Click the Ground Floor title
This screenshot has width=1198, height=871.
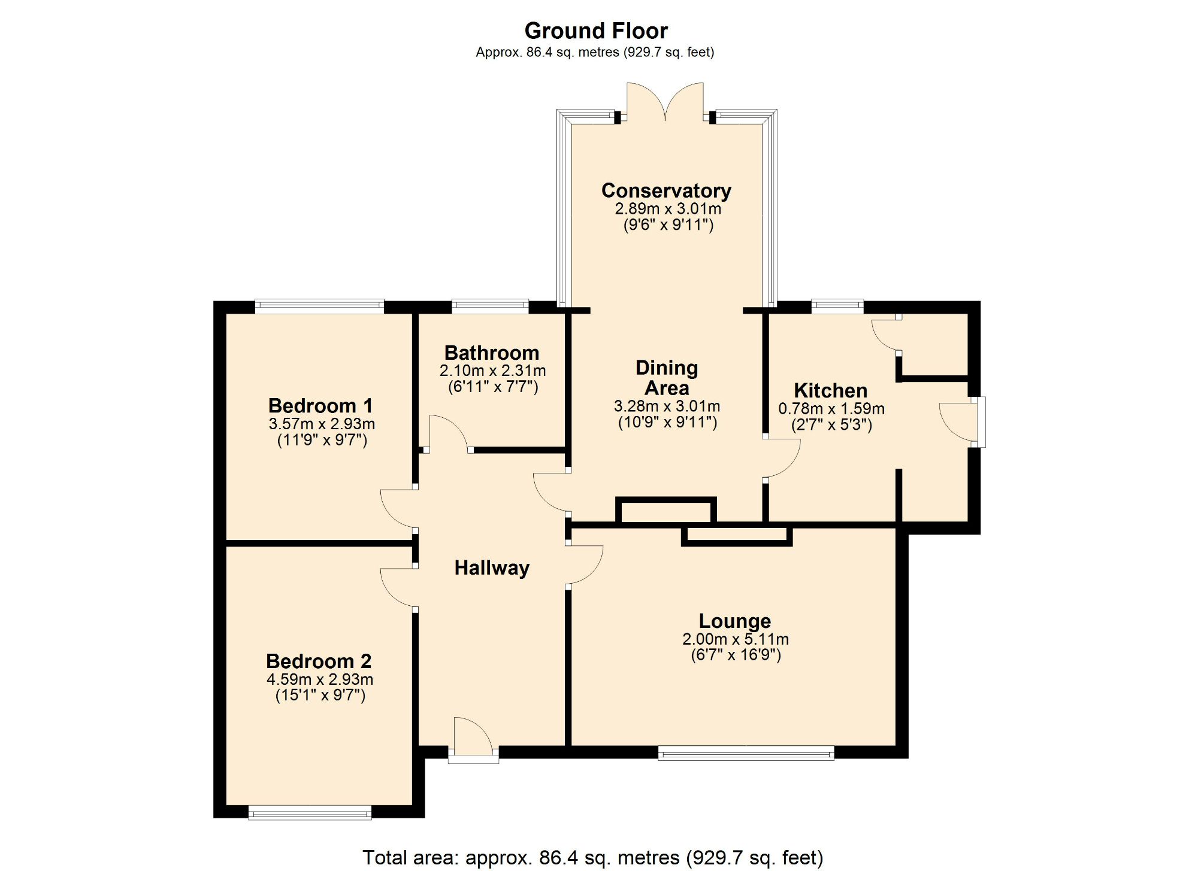click(595, 31)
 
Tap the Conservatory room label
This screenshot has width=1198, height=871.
click(666, 190)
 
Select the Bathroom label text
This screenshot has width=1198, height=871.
click(491, 353)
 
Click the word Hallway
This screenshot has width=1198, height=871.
click(492, 567)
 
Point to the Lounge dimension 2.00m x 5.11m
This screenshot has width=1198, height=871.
click(735, 639)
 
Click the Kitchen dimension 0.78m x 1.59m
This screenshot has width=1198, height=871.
click(831, 409)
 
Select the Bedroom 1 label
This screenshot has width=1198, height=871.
click(320, 405)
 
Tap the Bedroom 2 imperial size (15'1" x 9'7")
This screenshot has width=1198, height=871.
click(320, 695)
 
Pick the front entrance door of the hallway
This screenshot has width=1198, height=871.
click(473, 739)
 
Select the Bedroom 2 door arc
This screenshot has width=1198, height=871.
click(398, 587)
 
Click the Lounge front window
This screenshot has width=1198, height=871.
click(746, 753)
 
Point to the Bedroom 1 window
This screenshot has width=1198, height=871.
click(319, 306)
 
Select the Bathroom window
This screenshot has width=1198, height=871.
click(490, 306)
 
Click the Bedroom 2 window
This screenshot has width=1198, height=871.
click(310, 812)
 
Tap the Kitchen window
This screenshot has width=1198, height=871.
click(837, 306)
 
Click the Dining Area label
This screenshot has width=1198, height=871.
click(666, 378)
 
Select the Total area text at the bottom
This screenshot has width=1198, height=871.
click(592, 857)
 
